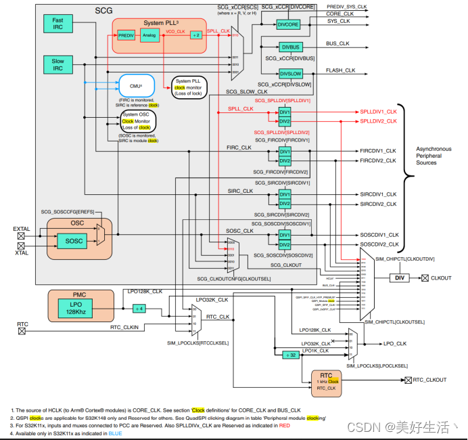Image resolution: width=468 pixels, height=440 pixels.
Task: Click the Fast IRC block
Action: [x=58, y=24]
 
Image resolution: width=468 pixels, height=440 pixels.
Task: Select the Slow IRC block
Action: [x=58, y=65]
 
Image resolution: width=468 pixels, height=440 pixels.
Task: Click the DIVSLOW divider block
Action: [x=291, y=73]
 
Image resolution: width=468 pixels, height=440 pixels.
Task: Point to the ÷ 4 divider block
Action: [x=138, y=308]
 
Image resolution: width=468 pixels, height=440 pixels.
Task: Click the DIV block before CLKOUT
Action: [x=400, y=278]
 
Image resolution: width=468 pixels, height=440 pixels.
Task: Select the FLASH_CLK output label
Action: [x=340, y=70]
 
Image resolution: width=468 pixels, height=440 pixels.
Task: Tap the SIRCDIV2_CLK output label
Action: [x=377, y=204]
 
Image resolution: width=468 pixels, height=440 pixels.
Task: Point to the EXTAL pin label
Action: [x=22, y=229]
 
